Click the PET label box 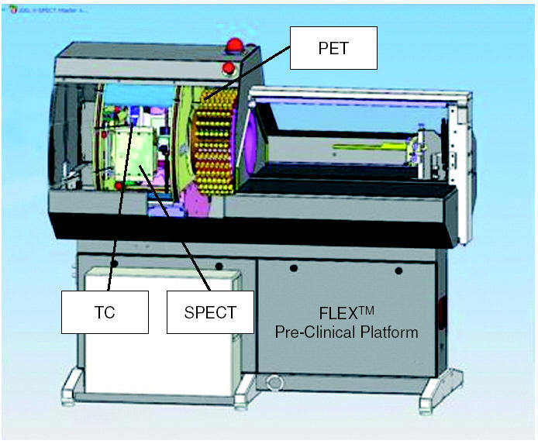[x=333, y=48]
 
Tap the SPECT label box [x=209, y=311]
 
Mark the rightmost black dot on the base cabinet [x=398, y=270]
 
